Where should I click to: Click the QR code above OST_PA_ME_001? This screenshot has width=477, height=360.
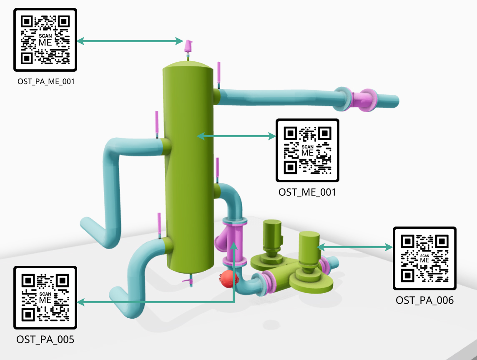coord(45,40)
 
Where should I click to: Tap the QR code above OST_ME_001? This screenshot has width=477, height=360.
coord(307,150)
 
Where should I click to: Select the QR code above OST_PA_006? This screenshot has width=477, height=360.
coord(424,258)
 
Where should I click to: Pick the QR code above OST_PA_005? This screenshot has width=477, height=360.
coord(45,297)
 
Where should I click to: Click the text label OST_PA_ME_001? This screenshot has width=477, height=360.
coord(46,82)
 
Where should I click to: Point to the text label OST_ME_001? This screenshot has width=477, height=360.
coord(307,192)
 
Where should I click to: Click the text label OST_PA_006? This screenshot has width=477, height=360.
coord(424,300)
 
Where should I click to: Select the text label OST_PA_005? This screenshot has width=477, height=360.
coord(45,339)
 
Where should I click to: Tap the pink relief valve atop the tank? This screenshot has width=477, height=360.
coord(189,46)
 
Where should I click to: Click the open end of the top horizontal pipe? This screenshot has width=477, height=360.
coord(395,101)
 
